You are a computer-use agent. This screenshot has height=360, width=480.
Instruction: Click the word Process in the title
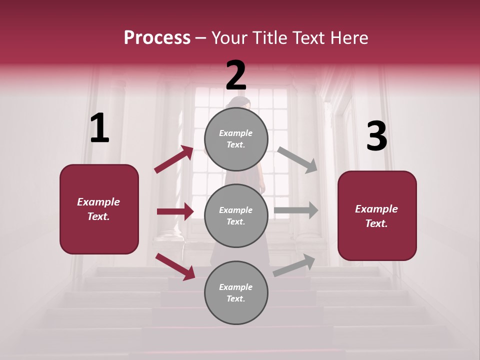[x=157, y=37]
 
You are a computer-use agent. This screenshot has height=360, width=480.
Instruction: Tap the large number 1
[x=99, y=128]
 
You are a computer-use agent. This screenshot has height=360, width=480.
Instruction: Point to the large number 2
[x=236, y=75]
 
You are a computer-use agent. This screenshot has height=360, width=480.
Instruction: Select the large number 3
[x=376, y=136]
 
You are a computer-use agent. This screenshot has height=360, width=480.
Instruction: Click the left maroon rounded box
[x=99, y=209]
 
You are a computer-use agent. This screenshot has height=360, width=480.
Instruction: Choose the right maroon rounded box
[x=377, y=215]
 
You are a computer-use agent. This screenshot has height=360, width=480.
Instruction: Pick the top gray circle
[x=236, y=139]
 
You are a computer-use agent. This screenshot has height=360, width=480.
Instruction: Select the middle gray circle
[x=236, y=215]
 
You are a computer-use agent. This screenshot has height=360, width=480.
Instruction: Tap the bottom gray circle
[x=236, y=292]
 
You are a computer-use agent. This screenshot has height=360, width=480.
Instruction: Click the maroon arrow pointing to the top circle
[x=173, y=159]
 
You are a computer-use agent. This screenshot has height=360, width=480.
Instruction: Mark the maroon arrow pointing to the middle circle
[x=175, y=211]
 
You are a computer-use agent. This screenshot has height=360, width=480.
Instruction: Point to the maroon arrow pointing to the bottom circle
[x=175, y=266]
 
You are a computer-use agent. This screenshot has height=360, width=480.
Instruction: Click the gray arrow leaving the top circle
[x=297, y=159]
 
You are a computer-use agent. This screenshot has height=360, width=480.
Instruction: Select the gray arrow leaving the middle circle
[x=296, y=210]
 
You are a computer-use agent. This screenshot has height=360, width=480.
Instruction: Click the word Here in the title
[x=349, y=37]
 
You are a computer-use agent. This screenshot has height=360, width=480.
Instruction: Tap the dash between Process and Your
[x=201, y=38]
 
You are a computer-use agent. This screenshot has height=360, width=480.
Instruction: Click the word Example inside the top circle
[x=236, y=133]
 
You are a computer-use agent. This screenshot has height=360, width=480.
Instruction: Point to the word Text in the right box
[x=376, y=223]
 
